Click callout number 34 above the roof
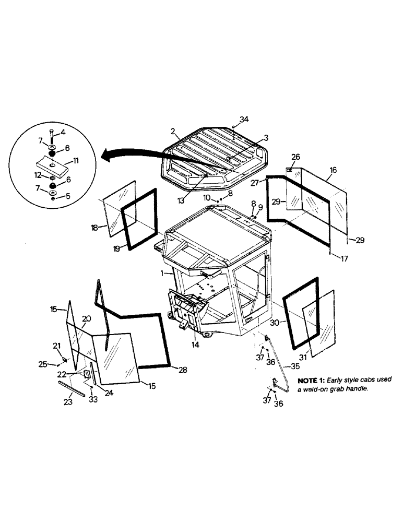244,120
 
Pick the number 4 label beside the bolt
63,131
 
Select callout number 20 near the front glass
87,318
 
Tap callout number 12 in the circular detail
38,174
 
